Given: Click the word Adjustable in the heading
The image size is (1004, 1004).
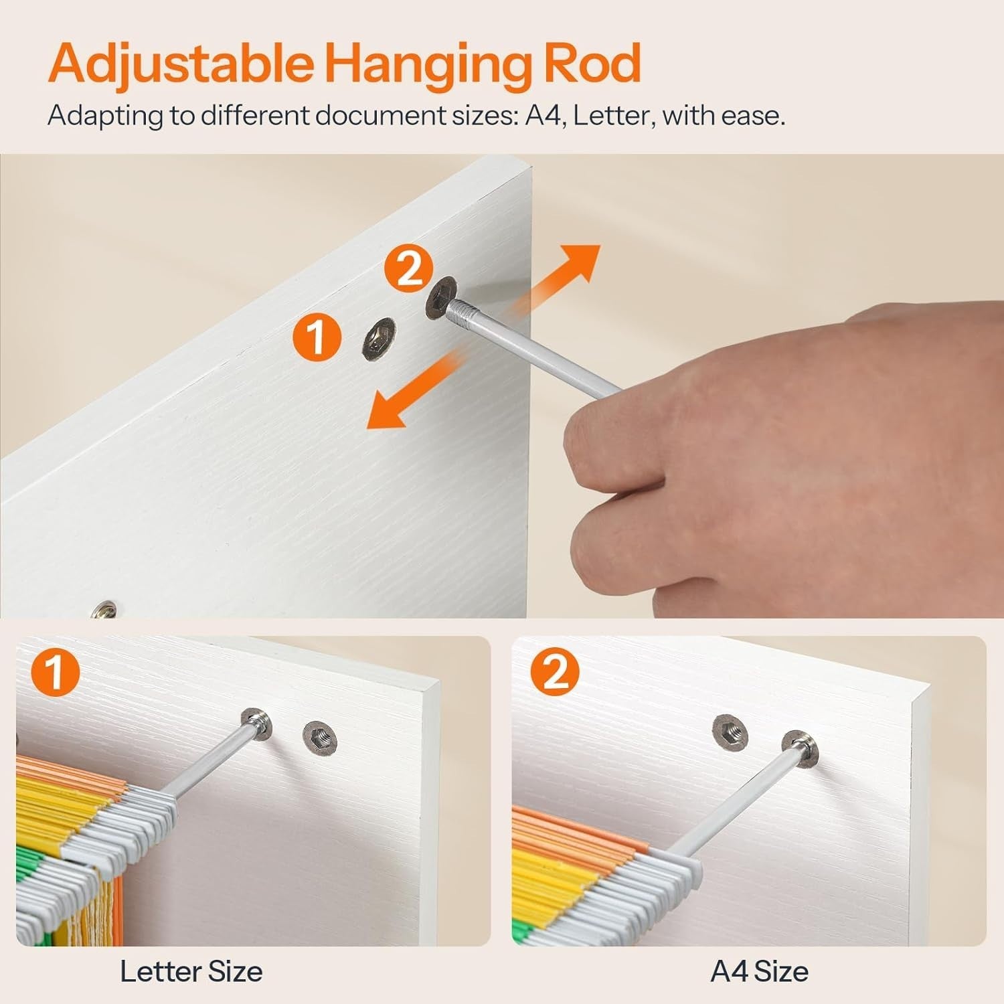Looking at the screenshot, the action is click(x=181, y=64).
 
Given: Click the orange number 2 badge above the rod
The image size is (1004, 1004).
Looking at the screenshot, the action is click(x=408, y=269).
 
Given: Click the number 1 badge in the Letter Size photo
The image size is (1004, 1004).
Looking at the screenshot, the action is click(x=56, y=673).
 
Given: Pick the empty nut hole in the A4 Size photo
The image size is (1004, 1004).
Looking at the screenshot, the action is click(x=731, y=730).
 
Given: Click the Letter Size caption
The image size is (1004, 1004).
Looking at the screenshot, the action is click(x=191, y=971).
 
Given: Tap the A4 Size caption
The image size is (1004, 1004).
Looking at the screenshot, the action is click(x=760, y=971).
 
